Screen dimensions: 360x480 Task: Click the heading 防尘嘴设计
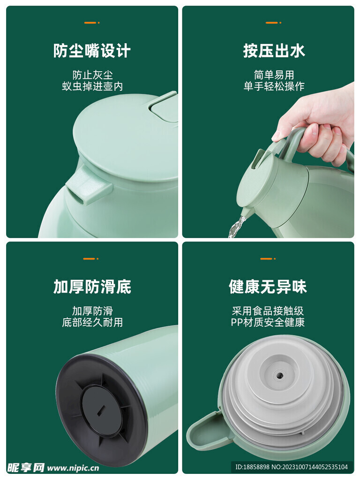pyautogui.click(x=92, y=51)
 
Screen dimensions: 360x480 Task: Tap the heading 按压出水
pyautogui.click(x=274, y=51)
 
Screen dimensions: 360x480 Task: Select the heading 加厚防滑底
pyautogui.click(x=92, y=286)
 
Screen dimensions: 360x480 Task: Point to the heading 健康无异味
pyautogui.click(x=268, y=286)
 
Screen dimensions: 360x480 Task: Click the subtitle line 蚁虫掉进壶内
pyautogui.click(x=92, y=86)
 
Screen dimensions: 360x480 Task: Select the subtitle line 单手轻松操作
pyautogui.click(x=274, y=86)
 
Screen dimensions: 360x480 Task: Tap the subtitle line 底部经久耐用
pyautogui.click(x=92, y=322)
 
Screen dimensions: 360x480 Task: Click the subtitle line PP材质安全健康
pyautogui.click(x=268, y=322)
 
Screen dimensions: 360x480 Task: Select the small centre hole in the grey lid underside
pyautogui.click(x=278, y=374)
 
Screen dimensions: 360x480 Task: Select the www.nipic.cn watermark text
pyautogui.click(x=73, y=468)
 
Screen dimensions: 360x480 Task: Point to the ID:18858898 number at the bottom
pyautogui.click(x=253, y=467)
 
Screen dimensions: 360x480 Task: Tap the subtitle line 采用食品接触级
pyautogui.click(x=268, y=311)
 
